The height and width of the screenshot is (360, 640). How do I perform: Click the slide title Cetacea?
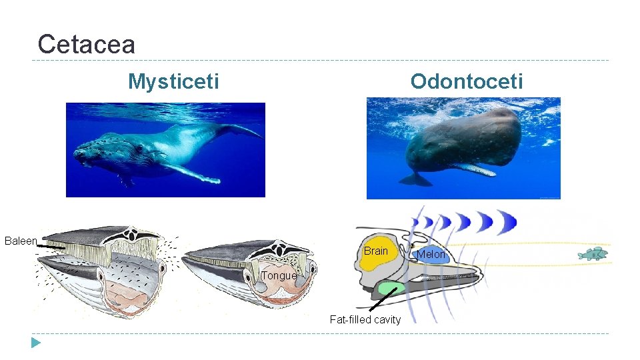(x=87, y=44)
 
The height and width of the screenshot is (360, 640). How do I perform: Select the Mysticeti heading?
(x=173, y=81)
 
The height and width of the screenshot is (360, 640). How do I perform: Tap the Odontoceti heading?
(x=467, y=81)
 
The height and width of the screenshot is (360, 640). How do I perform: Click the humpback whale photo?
(x=165, y=149)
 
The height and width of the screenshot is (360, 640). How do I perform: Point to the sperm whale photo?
(x=463, y=148)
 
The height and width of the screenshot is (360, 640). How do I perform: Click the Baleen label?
(x=21, y=241)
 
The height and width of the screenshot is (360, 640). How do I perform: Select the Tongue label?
(x=279, y=275)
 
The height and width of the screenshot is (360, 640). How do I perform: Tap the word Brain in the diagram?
(x=375, y=251)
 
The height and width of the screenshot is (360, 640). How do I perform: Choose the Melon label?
(x=431, y=254)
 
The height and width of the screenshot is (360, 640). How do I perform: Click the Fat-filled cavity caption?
(x=365, y=319)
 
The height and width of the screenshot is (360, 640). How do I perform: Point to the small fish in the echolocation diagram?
(x=592, y=253)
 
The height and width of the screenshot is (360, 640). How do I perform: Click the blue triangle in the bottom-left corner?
(x=35, y=343)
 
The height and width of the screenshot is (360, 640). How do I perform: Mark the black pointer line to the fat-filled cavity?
(x=382, y=300)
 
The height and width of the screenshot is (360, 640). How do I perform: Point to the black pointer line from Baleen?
(x=50, y=247)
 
